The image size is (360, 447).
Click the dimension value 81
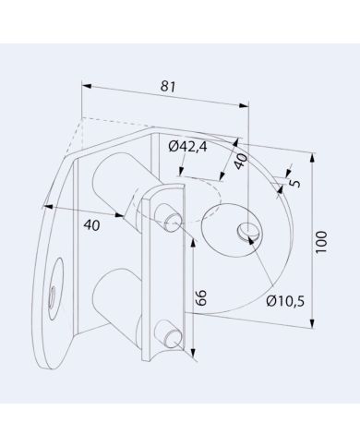[x=168, y=86]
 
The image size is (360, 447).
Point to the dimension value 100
[x=321, y=242]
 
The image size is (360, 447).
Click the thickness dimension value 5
[x=294, y=181]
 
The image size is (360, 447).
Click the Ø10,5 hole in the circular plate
[x=246, y=233]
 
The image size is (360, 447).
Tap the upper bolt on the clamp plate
[x=169, y=218]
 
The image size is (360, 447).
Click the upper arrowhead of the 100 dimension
[x=313, y=159]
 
